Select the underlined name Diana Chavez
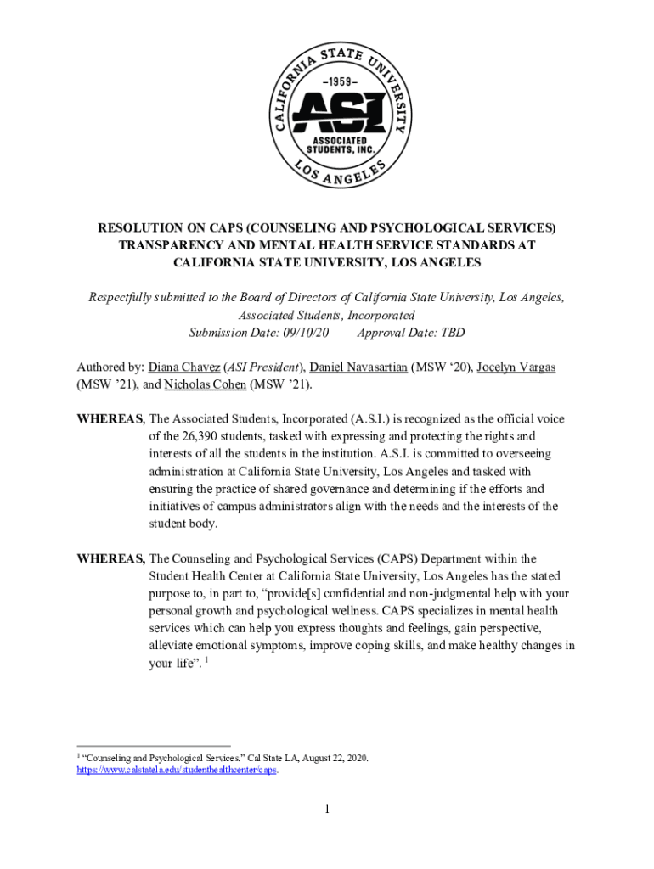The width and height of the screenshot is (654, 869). (x=184, y=367)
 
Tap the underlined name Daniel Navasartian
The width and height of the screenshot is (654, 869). (x=358, y=367)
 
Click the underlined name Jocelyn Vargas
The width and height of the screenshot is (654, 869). (x=516, y=367)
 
